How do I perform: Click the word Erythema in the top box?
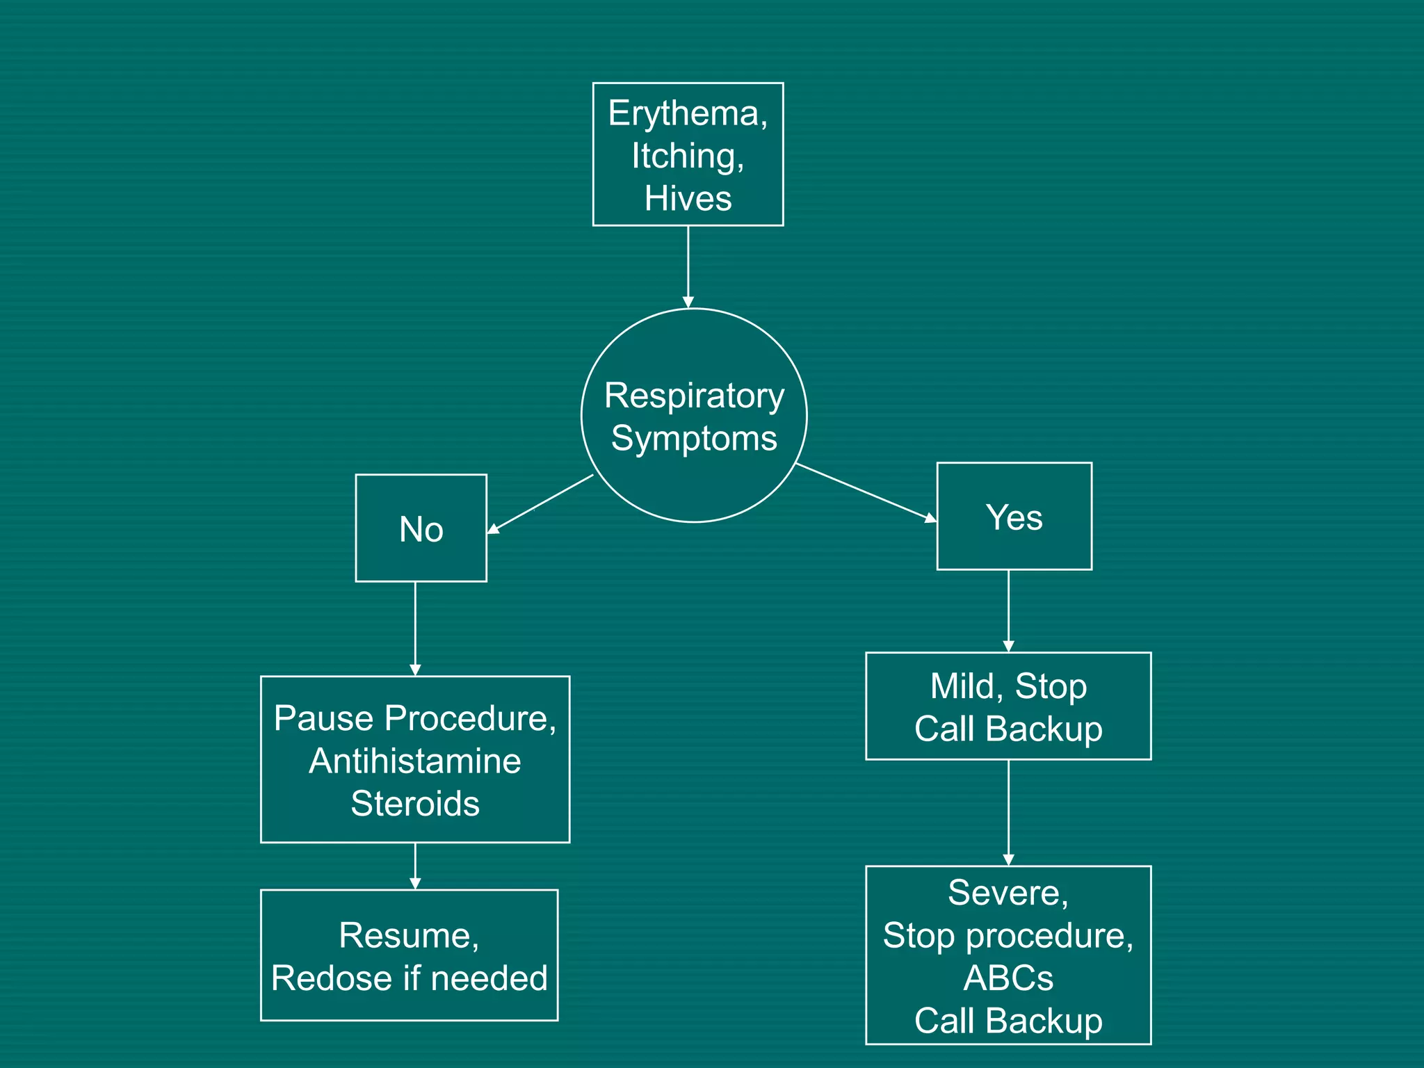coord(684,113)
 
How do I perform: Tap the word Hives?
coord(688,198)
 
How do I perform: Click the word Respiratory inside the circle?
coord(694,396)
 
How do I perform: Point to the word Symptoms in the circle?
coord(694,439)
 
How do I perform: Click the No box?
coord(421,528)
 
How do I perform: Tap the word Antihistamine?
coord(415,761)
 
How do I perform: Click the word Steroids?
coord(415,804)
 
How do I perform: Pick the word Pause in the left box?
coord(324,718)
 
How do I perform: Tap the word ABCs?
coord(1008,978)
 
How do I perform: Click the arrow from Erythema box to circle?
coord(688,267)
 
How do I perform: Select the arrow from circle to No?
coord(540,504)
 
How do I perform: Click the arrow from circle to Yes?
coord(866,492)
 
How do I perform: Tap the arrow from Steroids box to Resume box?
coord(415,866)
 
